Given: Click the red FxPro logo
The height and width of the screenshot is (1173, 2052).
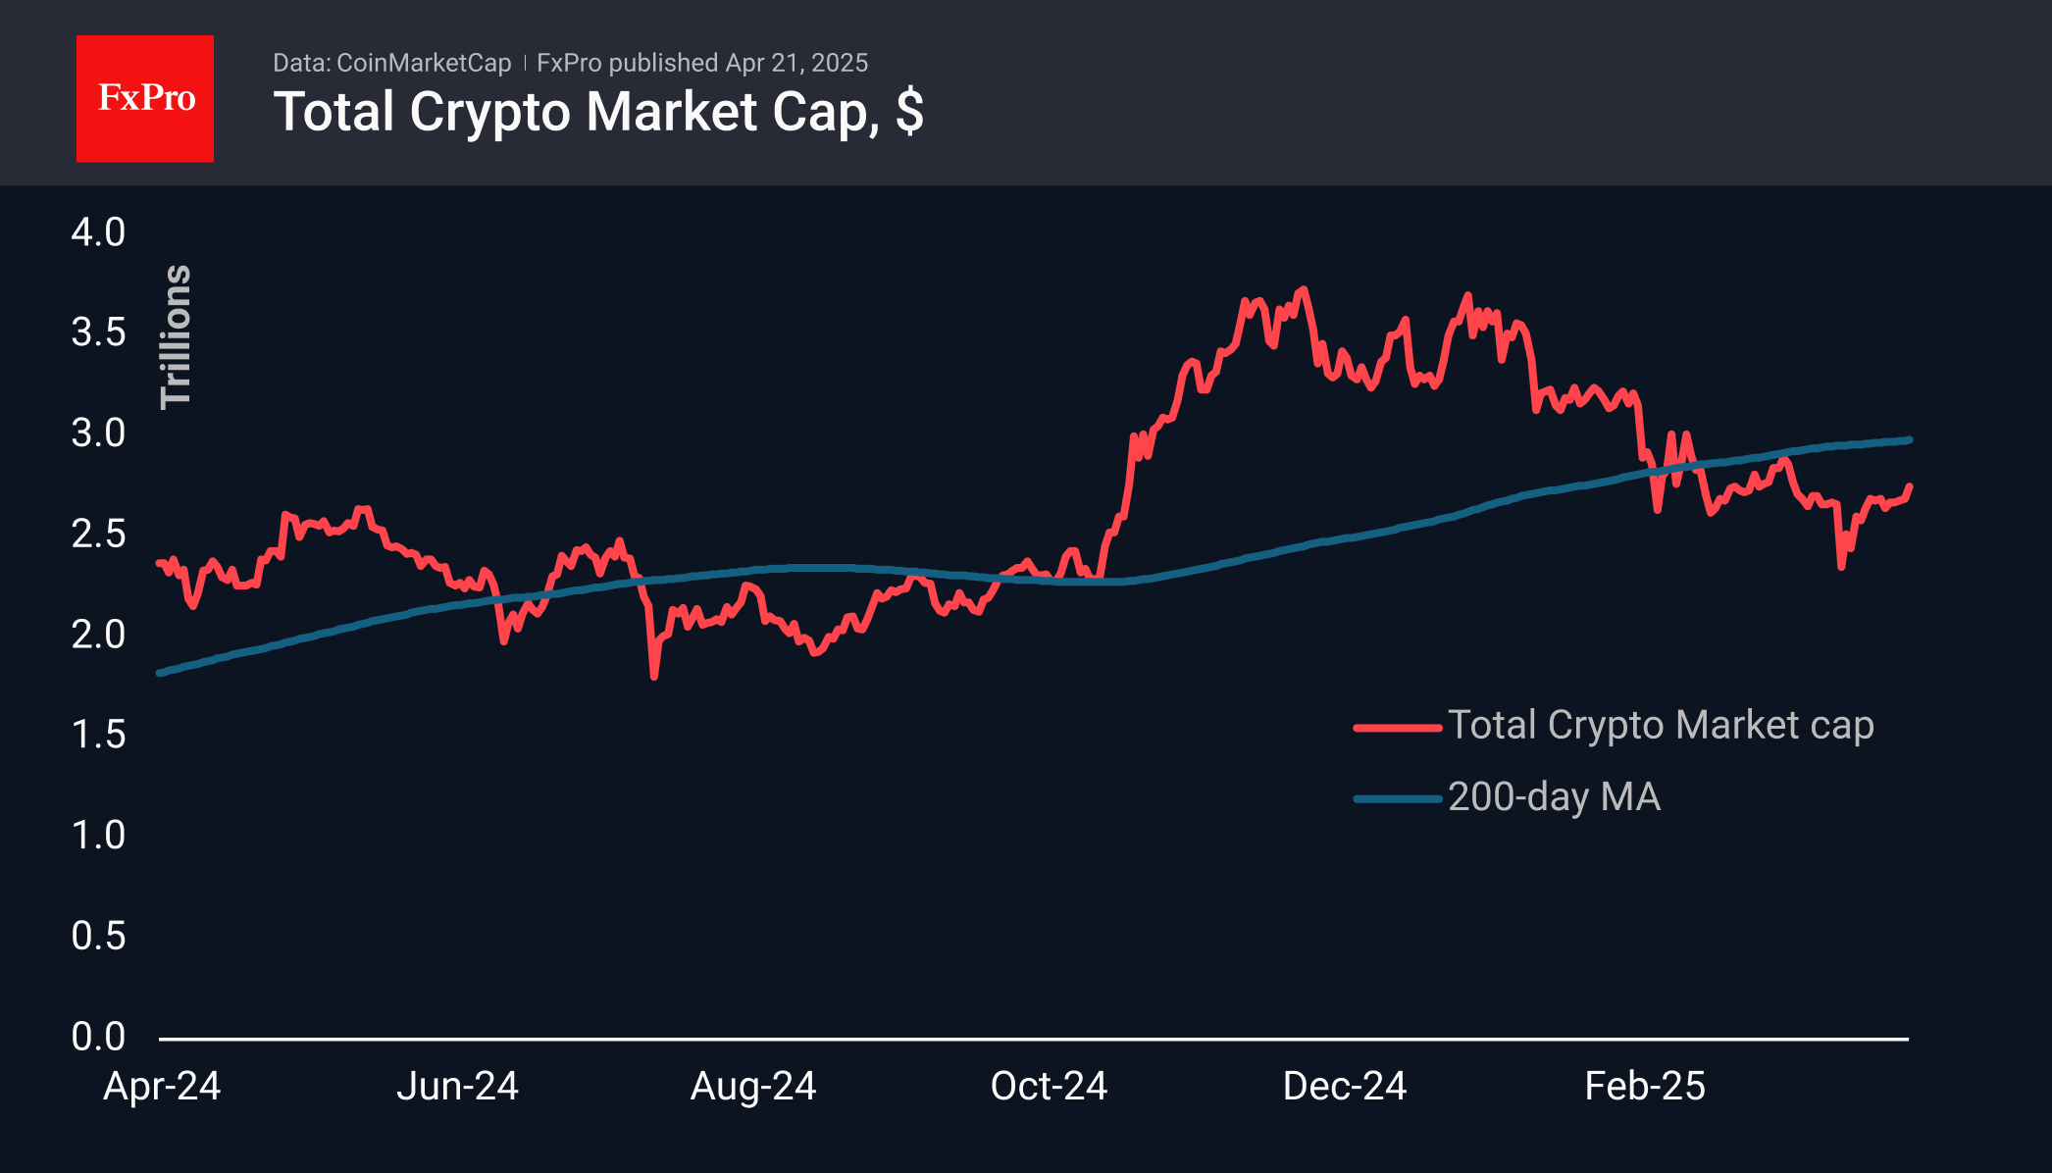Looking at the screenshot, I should point(145,98).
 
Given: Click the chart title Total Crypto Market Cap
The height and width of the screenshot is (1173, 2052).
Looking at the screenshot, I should point(597,112).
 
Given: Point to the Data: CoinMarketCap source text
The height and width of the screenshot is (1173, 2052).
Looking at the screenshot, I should point(391,63).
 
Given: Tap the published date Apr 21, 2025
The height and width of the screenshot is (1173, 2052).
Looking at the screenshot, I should point(796,63).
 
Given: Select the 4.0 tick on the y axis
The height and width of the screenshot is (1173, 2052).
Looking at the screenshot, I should point(98,232).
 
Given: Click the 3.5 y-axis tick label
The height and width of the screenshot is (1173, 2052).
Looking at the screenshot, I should point(98,332).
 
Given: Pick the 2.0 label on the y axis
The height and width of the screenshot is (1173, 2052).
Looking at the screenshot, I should point(98,635).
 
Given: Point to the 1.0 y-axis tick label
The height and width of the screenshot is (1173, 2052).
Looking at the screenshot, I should point(98,836).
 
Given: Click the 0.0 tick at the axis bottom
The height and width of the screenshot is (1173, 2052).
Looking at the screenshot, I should point(98,1037).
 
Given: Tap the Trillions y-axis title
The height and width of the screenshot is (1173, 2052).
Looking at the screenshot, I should point(176,336).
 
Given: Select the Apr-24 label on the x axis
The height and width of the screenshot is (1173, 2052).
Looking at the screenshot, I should point(162,1087).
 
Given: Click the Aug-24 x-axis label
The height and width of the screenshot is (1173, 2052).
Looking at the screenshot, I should point(753,1087).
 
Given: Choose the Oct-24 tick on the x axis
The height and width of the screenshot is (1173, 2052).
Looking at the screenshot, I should point(1049,1087).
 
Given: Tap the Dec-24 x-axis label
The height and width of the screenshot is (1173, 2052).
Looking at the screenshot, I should point(1345,1087).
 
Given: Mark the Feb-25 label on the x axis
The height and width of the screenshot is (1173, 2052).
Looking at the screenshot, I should point(1645,1087).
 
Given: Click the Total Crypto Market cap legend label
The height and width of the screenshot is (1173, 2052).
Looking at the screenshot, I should point(1661,726).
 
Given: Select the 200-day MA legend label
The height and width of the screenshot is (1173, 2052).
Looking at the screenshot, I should point(1554,797).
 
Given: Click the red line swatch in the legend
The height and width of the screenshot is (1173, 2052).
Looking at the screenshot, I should point(1397,728).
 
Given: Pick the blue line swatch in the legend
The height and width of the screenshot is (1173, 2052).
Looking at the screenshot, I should point(1397,799).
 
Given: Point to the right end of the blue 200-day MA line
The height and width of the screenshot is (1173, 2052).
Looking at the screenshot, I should point(1908,440).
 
